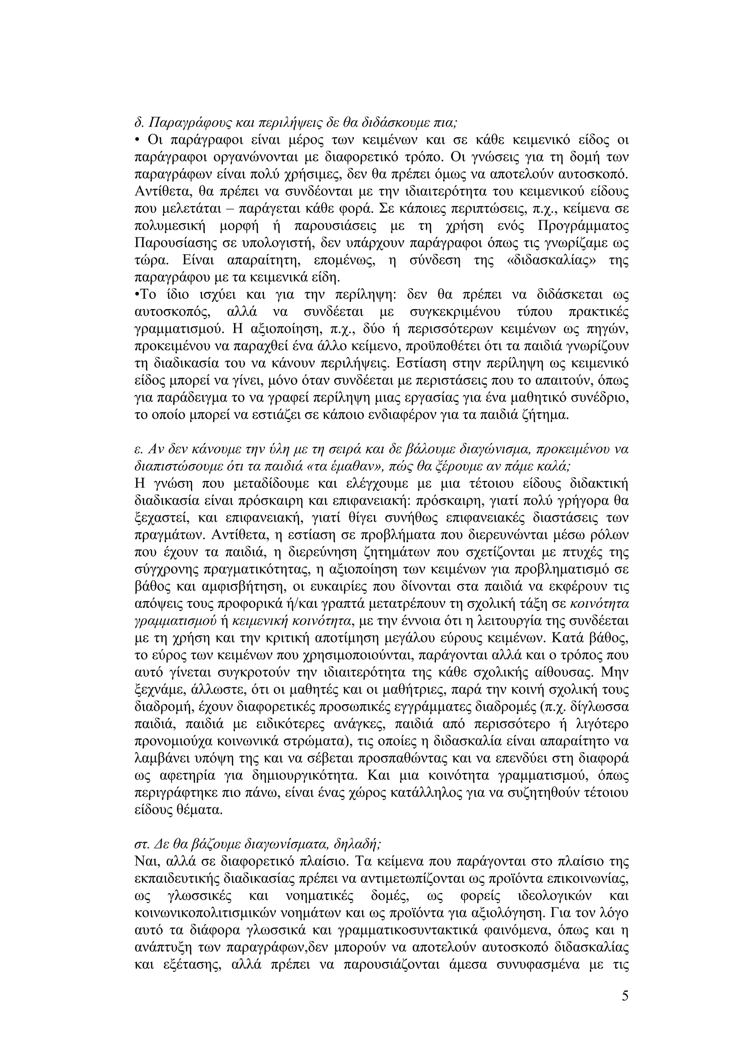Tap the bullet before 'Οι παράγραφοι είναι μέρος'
click(137, 140)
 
